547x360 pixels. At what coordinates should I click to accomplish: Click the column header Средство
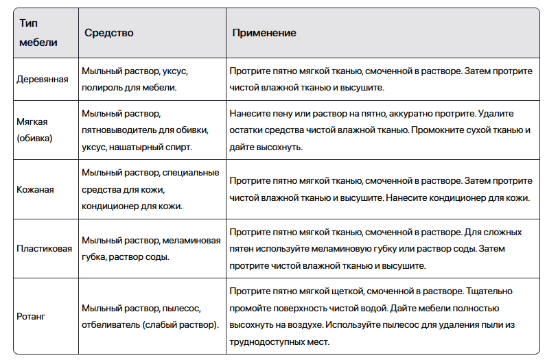[x=108, y=33]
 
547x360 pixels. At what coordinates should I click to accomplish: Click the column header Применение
[x=264, y=33]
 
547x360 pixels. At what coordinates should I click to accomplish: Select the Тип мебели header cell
[x=38, y=33]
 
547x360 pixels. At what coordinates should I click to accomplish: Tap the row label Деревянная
[x=42, y=80]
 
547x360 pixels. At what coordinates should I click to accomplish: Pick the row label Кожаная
[x=35, y=189]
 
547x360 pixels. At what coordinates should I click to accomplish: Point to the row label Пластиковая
[x=44, y=249]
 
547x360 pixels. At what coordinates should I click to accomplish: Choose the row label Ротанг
[x=30, y=316]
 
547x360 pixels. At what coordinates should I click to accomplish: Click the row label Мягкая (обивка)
[x=34, y=129]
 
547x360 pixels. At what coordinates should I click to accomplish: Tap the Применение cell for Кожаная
[x=380, y=189]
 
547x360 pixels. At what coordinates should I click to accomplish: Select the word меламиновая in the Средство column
[x=191, y=241]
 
